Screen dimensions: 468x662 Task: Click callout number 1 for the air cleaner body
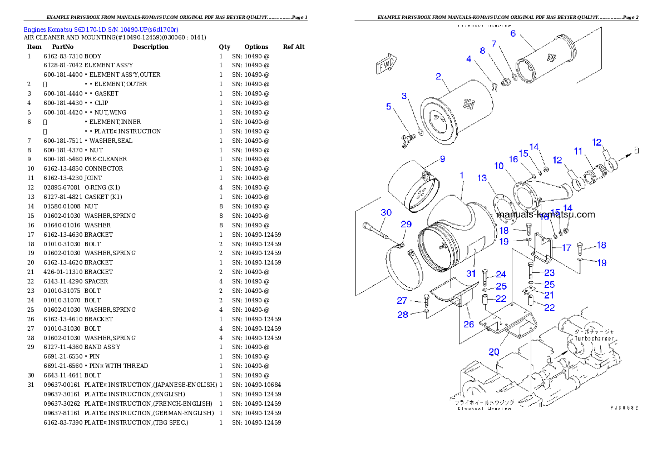click(461, 175)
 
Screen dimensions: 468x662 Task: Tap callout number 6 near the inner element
click(513, 33)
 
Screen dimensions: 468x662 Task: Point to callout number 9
click(442, 159)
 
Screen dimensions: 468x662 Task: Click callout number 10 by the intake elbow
click(498, 166)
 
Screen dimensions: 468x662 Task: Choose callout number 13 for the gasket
click(482, 178)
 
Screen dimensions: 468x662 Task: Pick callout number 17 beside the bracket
click(566, 248)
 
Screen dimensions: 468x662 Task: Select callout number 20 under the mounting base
click(494, 351)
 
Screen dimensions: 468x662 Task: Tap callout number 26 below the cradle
click(469, 324)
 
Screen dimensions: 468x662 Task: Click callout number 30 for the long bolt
click(386, 212)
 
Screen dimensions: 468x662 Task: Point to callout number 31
click(471, 273)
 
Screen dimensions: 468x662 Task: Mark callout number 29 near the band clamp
click(406, 224)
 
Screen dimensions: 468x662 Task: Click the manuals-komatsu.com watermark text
click(545, 215)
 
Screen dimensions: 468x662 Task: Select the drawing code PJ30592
click(624, 407)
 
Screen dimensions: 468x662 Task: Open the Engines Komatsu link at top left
click(101, 29)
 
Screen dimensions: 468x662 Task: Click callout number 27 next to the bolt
click(402, 301)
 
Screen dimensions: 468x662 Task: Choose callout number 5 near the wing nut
click(389, 107)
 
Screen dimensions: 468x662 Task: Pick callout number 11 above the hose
click(578, 151)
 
